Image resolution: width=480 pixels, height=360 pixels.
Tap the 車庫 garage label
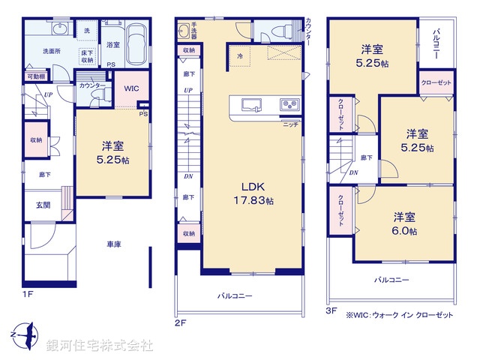point(115,245)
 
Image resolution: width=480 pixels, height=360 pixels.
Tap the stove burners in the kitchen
point(289,103)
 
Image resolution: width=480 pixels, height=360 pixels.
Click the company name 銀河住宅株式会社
point(99,345)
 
